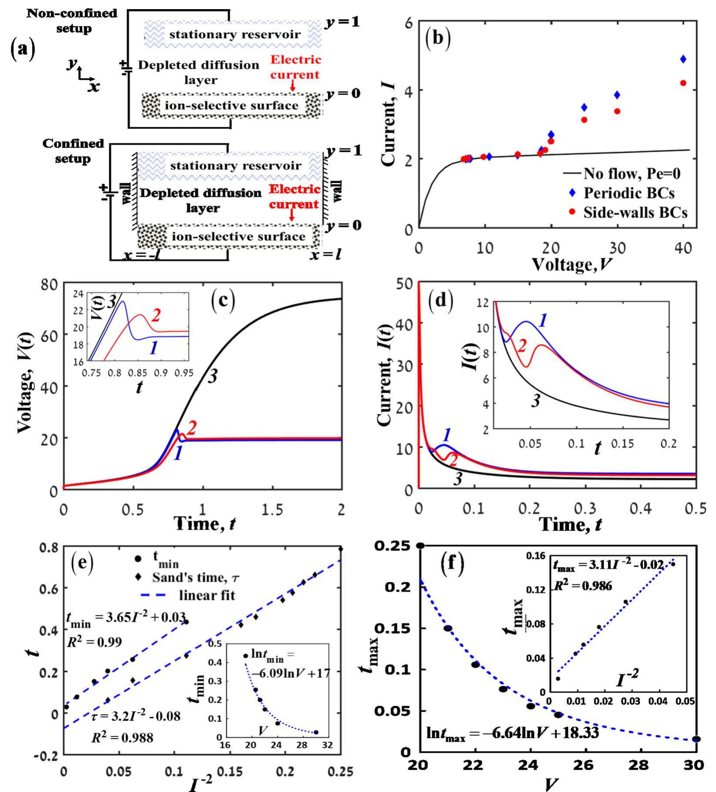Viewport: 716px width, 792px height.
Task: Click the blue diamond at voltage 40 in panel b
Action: click(x=683, y=59)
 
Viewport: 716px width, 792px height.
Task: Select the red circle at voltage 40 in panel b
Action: click(x=683, y=83)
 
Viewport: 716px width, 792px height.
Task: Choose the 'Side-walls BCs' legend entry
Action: click(x=635, y=212)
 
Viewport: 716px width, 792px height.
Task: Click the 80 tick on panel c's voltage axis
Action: click(x=49, y=284)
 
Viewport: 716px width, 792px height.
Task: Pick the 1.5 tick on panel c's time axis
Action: click(x=272, y=509)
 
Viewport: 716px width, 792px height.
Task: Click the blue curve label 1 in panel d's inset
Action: click(x=542, y=321)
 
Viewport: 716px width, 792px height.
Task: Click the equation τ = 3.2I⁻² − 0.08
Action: click(x=135, y=716)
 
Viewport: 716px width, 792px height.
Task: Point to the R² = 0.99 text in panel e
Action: click(x=94, y=642)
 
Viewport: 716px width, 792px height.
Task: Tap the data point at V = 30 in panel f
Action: click(x=696, y=739)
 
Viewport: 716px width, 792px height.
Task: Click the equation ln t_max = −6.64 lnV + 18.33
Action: click(x=512, y=733)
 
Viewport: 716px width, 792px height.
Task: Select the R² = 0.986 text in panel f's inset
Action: click(x=583, y=586)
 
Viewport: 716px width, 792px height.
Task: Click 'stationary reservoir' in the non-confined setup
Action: click(x=235, y=34)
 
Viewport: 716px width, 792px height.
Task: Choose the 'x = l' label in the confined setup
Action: click(x=325, y=254)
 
